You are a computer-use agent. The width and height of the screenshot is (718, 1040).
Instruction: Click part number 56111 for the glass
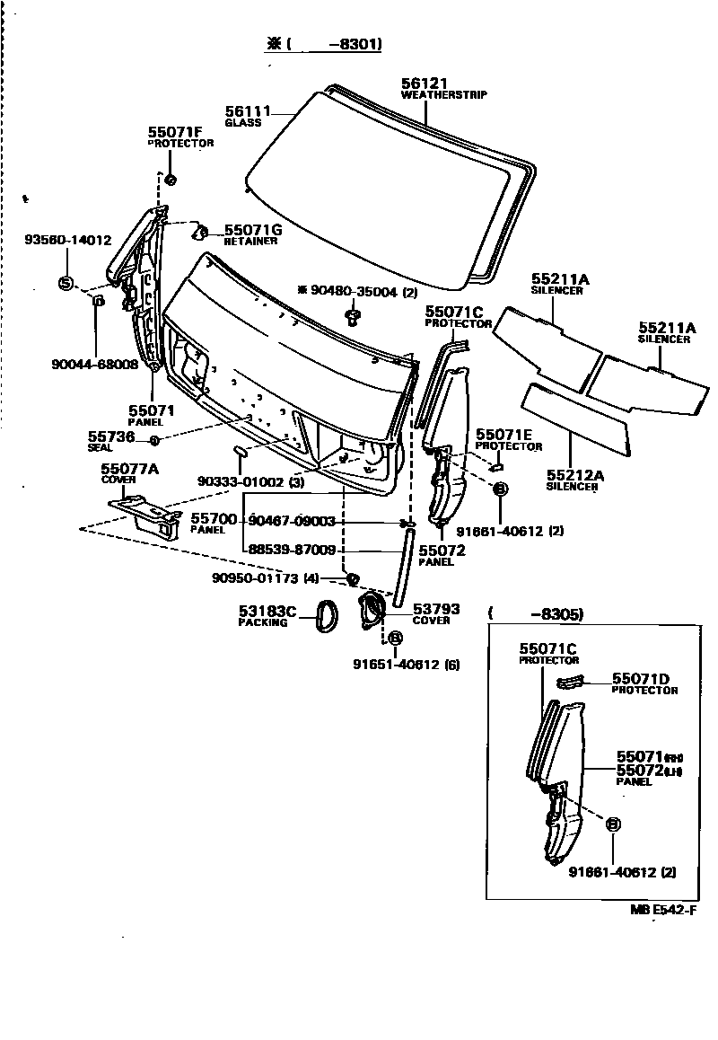[x=248, y=110]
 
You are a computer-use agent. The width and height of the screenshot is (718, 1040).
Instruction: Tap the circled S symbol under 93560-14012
[x=65, y=283]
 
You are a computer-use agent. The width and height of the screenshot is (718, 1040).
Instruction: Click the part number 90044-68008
[x=93, y=365]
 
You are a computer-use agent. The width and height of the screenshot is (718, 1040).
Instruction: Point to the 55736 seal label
[x=106, y=436]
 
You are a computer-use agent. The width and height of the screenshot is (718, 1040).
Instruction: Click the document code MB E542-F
[x=663, y=911]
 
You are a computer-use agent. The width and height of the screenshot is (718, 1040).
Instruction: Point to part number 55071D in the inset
[x=642, y=679]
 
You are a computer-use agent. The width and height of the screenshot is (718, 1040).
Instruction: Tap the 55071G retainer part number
[x=253, y=230]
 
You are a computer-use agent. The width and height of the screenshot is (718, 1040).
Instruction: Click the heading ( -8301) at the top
[x=323, y=44]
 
